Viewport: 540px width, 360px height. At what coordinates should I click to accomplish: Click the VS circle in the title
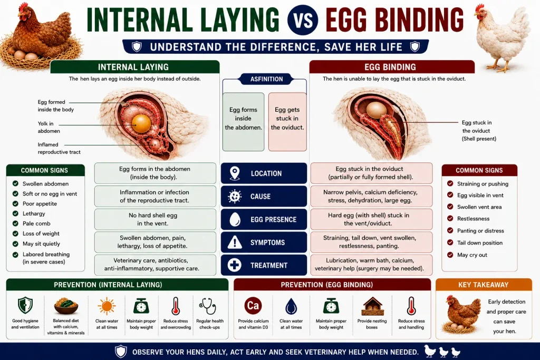(303, 20)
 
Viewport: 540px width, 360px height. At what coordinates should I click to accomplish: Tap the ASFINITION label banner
(266, 79)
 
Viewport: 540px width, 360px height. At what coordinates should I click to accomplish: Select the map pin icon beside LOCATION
(235, 173)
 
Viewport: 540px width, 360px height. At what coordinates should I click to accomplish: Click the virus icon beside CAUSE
(235, 196)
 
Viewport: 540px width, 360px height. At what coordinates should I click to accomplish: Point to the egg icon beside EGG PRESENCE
(235, 219)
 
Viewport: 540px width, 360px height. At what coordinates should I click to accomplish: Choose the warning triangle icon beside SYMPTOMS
(235, 242)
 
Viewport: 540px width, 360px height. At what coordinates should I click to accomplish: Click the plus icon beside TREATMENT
(235, 265)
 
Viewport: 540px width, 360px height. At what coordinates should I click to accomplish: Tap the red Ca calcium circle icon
(253, 305)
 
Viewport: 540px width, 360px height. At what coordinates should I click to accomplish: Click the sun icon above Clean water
(107, 306)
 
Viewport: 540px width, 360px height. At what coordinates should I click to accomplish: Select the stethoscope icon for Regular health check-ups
(208, 306)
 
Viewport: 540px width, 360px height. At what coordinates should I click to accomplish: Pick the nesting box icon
(372, 306)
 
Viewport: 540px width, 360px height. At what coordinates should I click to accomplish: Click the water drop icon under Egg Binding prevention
(291, 306)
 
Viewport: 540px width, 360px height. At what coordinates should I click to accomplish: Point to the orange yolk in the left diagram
(141, 123)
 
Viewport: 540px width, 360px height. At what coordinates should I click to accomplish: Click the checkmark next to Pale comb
(15, 223)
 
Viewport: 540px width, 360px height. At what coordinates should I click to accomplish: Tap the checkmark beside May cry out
(450, 255)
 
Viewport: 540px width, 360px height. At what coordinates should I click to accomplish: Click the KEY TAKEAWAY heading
(483, 285)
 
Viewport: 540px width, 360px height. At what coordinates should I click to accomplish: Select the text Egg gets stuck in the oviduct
(287, 119)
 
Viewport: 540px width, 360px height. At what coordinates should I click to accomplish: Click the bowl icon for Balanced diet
(66, 306)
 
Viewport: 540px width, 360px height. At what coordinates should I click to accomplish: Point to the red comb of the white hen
(479, 7)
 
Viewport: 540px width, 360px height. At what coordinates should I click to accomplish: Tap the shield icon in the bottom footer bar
(121, 352)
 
